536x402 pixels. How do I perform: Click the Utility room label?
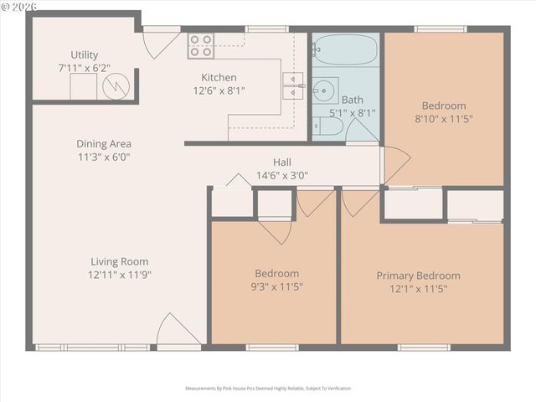84,54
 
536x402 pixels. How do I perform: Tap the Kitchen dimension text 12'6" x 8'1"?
219,90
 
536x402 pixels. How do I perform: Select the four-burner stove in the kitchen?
200,45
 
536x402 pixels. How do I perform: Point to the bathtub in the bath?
346,48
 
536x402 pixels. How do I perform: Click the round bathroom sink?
325,89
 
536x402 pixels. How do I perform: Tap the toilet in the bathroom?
327,127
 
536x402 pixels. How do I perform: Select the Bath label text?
352,99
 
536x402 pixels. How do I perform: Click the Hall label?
281,162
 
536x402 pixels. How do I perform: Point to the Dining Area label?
104,143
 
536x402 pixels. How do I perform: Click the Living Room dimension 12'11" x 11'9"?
119,274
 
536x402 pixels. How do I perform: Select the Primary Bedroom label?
418,276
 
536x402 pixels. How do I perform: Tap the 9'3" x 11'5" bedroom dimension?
276,286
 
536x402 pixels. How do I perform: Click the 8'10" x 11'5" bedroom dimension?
443,119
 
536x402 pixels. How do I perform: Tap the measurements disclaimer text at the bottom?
268,389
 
